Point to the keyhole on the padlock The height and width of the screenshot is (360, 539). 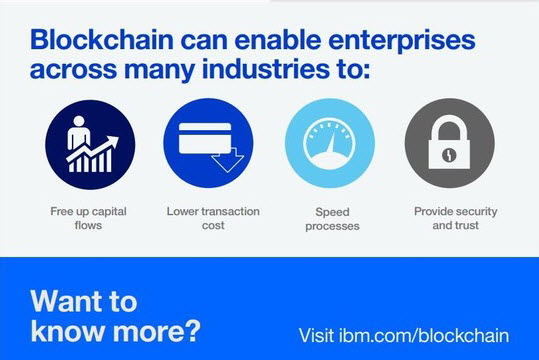[449, 154]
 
